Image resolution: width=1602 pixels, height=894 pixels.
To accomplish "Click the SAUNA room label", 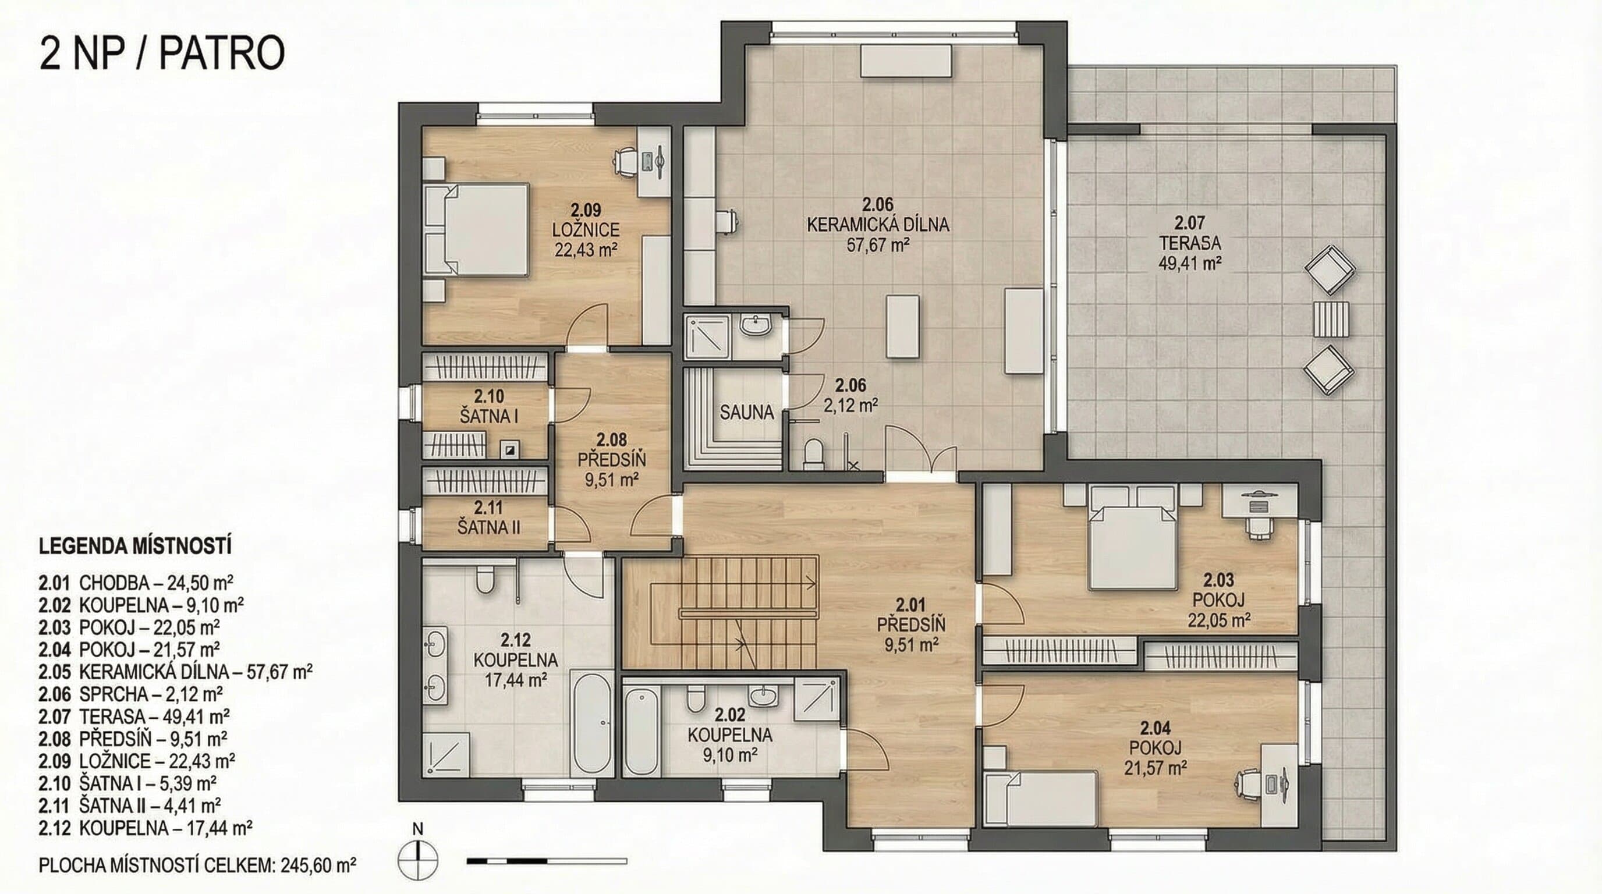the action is point(746,412).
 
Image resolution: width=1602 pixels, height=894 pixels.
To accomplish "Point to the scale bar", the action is point(547,861).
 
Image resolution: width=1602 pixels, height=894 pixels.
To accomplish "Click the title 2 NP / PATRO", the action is point(162,54).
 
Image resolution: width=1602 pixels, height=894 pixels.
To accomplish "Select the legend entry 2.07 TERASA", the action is point(134,716).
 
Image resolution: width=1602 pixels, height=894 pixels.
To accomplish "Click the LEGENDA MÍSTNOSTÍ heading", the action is point(135,547).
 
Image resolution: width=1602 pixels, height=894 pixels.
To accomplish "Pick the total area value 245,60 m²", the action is point(318,865).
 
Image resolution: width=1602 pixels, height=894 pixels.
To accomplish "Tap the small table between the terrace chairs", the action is point(1331,318).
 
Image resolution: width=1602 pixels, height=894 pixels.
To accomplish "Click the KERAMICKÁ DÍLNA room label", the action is point(877,225).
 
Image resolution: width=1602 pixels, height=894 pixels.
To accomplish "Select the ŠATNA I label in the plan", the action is point(489,416).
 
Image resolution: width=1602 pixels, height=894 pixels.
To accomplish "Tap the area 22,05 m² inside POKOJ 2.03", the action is point(1219,620).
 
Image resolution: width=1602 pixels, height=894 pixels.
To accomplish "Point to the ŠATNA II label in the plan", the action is point(489,527).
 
